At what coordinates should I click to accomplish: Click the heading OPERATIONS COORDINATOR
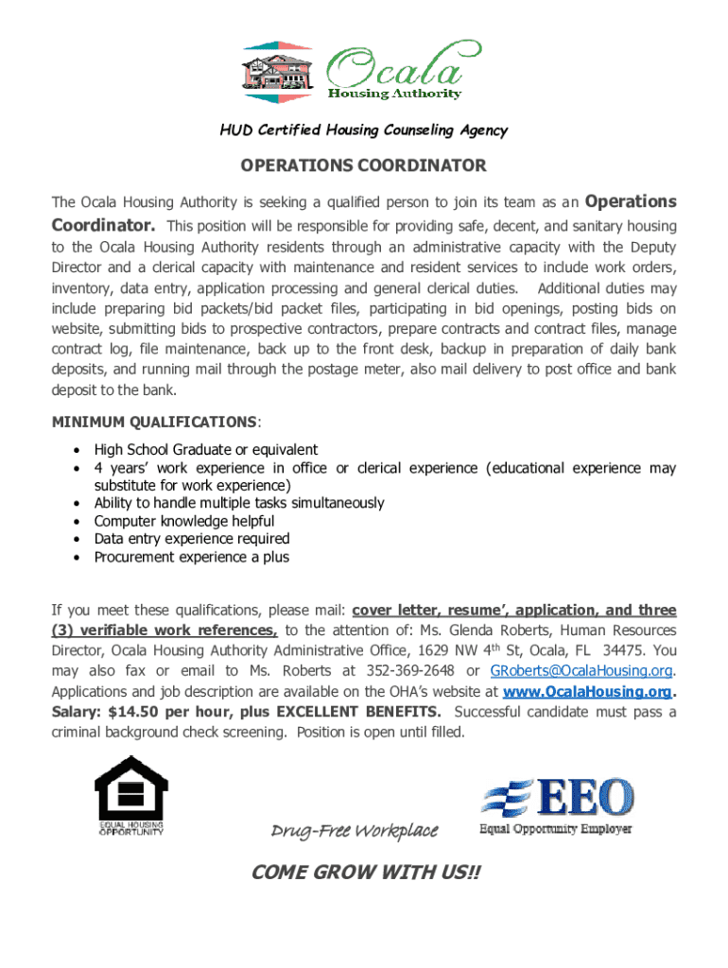[x=363, y=166]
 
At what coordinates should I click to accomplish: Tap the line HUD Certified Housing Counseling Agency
[x=364, y=130]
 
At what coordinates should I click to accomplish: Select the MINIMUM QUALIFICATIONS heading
[x=154, y=421]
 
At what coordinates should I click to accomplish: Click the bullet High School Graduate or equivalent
[x=206, y=450]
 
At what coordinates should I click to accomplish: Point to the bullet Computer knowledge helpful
[x=184, y=521]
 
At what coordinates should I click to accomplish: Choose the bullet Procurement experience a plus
[x=192, y=557]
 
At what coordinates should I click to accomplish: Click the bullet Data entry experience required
[x=192, y=539]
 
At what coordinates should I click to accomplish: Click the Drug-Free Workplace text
[x=355, y=831]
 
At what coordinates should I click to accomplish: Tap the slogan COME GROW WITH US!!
[x=366, y=873]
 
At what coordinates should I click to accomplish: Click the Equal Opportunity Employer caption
[x=556, y=830]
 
